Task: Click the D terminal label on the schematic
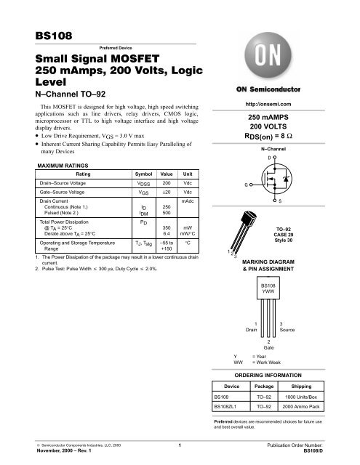click(x=269, y=158)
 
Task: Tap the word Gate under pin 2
click(x=270, y=349)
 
